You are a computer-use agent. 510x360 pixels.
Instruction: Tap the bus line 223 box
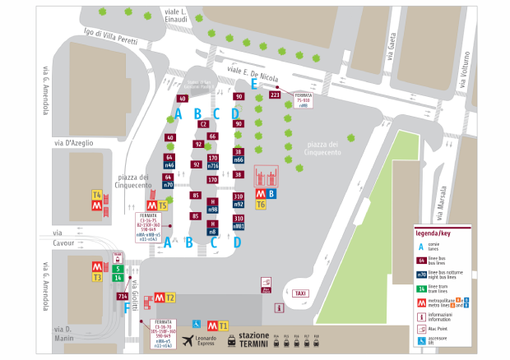pos(275,95)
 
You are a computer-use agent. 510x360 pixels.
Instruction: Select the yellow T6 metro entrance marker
pos(261,204)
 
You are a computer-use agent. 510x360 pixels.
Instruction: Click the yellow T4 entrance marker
pos(96,195)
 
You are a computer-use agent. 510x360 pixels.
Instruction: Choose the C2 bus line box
pos(203,123)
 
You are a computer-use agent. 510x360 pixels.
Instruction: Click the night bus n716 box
pos(213,166)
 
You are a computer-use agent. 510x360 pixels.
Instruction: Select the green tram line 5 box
pos(118,268)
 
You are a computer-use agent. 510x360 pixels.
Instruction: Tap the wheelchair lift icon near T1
pos(197,323)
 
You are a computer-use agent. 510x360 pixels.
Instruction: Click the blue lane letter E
pos(254,84)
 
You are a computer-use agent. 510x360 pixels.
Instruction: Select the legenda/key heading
pos(442,234)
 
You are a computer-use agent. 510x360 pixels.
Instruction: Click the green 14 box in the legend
pos(423,288)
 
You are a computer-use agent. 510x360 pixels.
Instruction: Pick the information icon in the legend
pos(423,316)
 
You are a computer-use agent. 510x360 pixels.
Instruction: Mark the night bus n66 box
pos(239,160)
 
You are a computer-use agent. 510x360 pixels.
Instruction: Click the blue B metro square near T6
pos(272,194)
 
